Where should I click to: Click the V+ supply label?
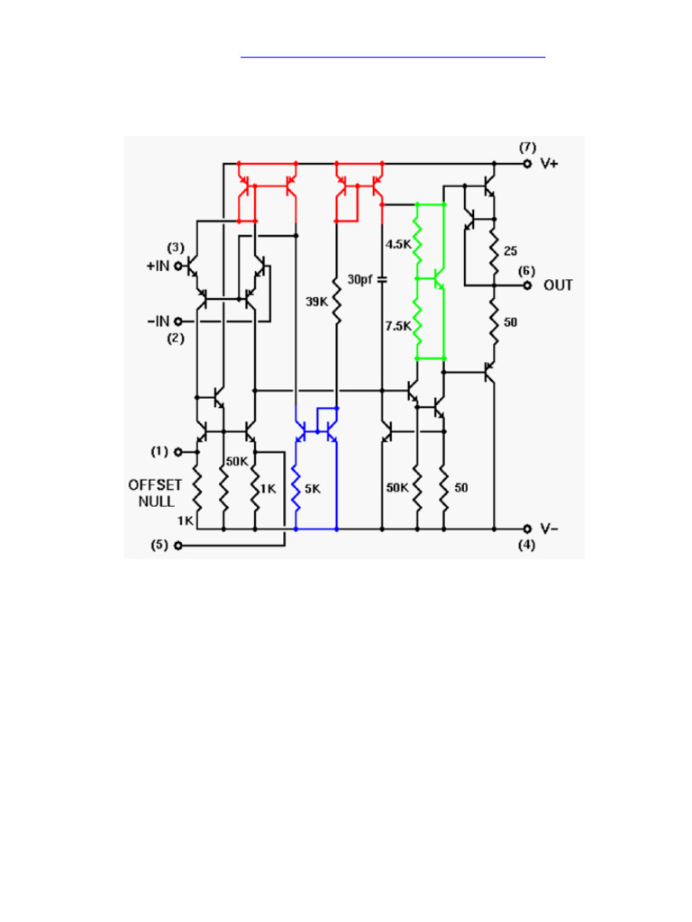(549, 164)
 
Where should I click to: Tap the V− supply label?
(549, 529)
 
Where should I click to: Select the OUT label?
(558, 285)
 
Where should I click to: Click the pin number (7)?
(527, 147)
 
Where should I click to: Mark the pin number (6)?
(527, 269)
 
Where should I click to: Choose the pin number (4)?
(527, 546)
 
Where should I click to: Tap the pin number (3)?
(176, 248)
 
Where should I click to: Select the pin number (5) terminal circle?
(178, 546)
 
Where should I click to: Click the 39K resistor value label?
(316, 303)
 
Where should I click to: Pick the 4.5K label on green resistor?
(398, 244)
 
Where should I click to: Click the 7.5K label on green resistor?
(397, 326)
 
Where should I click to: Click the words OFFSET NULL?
(155, 493)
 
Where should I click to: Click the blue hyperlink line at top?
(393, 57)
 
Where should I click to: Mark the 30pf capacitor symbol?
(381, 279)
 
